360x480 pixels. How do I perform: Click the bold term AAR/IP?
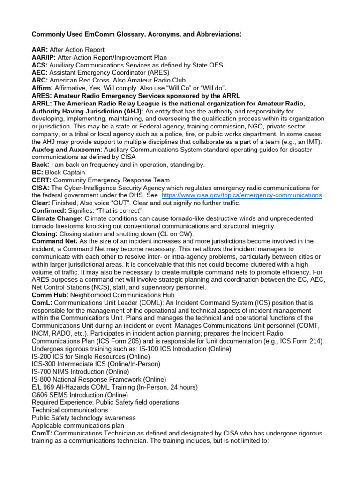click(44, 57)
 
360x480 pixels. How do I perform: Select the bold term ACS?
click(39, 65)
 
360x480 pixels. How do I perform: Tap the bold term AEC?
click(39, 73)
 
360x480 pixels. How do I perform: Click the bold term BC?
click(37, 172)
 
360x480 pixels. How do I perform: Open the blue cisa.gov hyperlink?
click(241, 195)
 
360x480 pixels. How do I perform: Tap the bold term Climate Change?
click(57, 218)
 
